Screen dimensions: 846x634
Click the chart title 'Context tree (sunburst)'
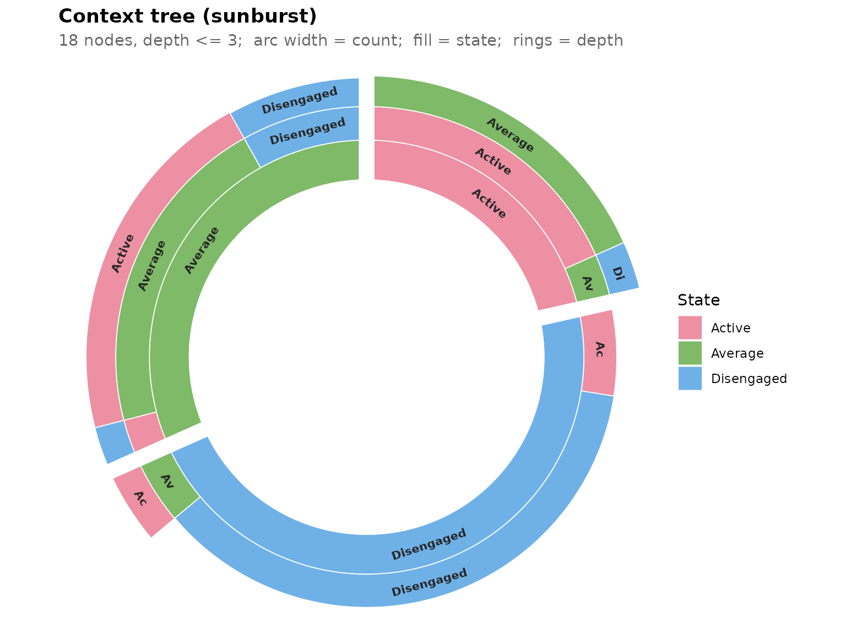pos(187,16)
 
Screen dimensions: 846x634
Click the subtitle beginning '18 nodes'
pos(341,40)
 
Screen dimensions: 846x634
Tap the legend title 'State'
pos(698,300)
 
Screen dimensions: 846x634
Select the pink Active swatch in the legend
pos(690,327)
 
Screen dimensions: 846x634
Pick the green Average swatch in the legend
pos(690,353)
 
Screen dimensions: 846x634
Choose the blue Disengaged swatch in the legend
pos(690,379)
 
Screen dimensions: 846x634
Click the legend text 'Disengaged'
pos(749,379)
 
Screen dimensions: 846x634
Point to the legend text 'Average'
pos(737,353)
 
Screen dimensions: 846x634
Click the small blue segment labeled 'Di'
pos(617,269)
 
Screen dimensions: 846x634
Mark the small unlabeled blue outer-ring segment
pos(115,442)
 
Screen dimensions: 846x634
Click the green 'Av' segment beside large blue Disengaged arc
pos(170,484)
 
